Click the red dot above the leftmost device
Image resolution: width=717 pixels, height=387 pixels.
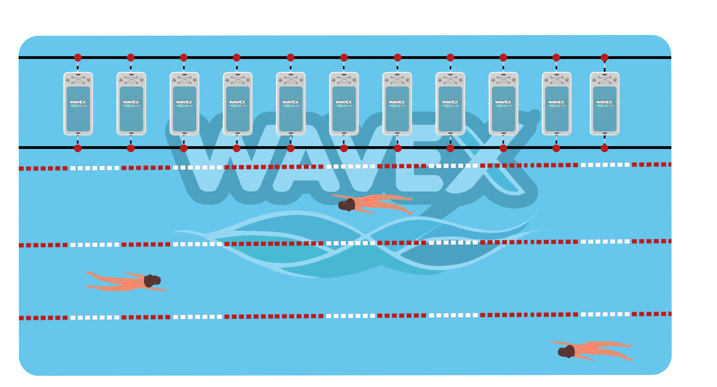[x=78, y=58]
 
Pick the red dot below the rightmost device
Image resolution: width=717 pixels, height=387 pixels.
[x=604, y=148]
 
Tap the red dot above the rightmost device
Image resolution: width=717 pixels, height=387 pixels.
[x=604, y=58]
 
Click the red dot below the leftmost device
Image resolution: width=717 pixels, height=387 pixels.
[x=78, y=148]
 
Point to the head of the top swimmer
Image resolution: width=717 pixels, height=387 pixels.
[x=347, y=205]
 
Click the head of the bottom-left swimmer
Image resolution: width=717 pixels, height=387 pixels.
[x=152, y=281]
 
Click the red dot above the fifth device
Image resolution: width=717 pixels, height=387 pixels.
[x=290, y=58]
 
